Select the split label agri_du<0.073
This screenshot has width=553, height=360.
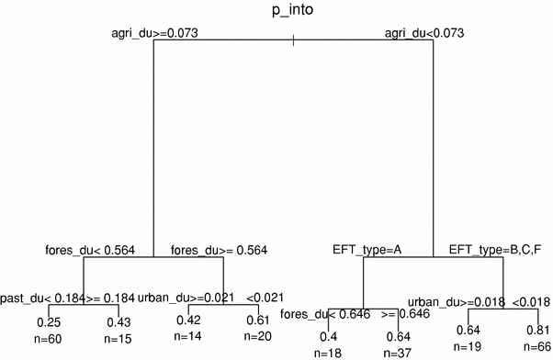422,33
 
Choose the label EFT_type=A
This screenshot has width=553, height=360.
367,249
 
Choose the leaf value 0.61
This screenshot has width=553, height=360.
257,321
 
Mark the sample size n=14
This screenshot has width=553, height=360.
188,335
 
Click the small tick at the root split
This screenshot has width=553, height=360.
292,40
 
